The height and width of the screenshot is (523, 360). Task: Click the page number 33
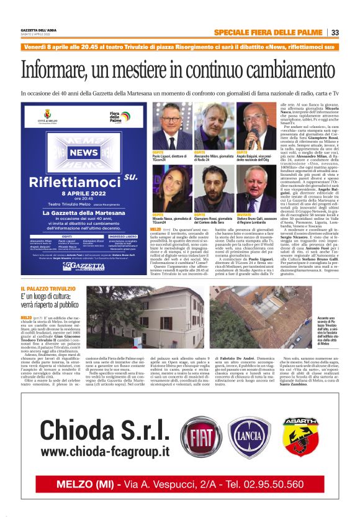click(x=335, y=32)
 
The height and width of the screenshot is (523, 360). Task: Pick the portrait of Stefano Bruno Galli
click(x=257, y=190)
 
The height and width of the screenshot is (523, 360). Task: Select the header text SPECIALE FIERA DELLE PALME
click(x=268, y=32)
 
